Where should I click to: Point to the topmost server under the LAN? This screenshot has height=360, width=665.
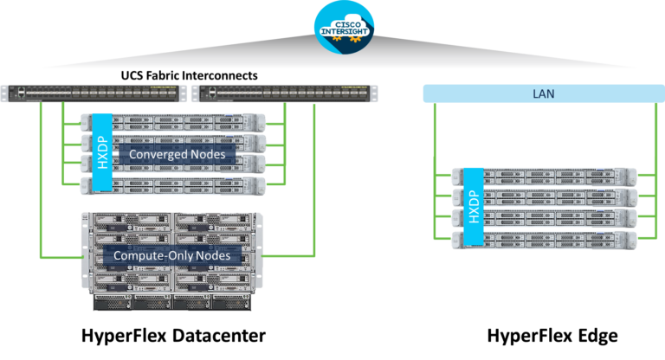(x=546, y=177)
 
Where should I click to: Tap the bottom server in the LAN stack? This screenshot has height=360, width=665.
(x=546, y=239)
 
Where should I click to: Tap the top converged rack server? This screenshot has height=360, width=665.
(x=173, y=122)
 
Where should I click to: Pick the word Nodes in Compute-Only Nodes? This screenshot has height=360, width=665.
(x=218, y=255)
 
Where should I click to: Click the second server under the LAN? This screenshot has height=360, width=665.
(x=546, y=197)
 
